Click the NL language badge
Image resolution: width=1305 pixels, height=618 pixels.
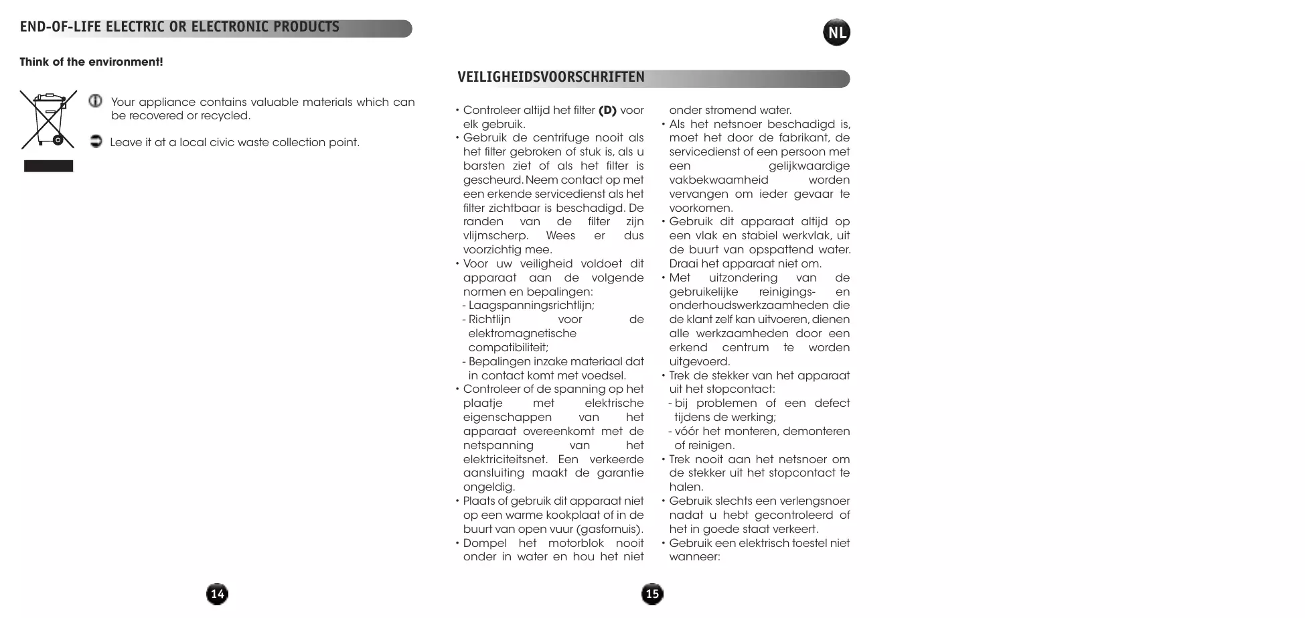coord(836,33)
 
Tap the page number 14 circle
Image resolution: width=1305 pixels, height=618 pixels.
coord(217,594)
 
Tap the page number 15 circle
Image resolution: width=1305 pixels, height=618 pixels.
coord(652,594)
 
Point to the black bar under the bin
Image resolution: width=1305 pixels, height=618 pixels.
coord(48,166)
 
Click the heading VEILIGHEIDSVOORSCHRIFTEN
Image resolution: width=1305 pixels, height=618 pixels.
coord(551,78)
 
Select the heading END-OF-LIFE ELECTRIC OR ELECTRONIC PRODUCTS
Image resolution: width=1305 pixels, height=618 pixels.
coord(179,27)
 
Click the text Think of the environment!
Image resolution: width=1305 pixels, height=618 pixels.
coord(91,62)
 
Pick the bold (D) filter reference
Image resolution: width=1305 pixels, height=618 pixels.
coord(607,111)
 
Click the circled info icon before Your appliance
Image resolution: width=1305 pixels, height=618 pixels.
coord(96,101)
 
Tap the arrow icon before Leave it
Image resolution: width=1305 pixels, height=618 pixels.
coord(96,141)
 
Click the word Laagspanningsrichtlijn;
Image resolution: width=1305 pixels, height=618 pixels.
coord(531,306)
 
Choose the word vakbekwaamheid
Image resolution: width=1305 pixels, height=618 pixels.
coord(718,180)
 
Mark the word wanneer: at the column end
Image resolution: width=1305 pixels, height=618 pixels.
coord(694,557)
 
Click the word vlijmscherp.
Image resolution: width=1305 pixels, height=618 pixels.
coord(495,236)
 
